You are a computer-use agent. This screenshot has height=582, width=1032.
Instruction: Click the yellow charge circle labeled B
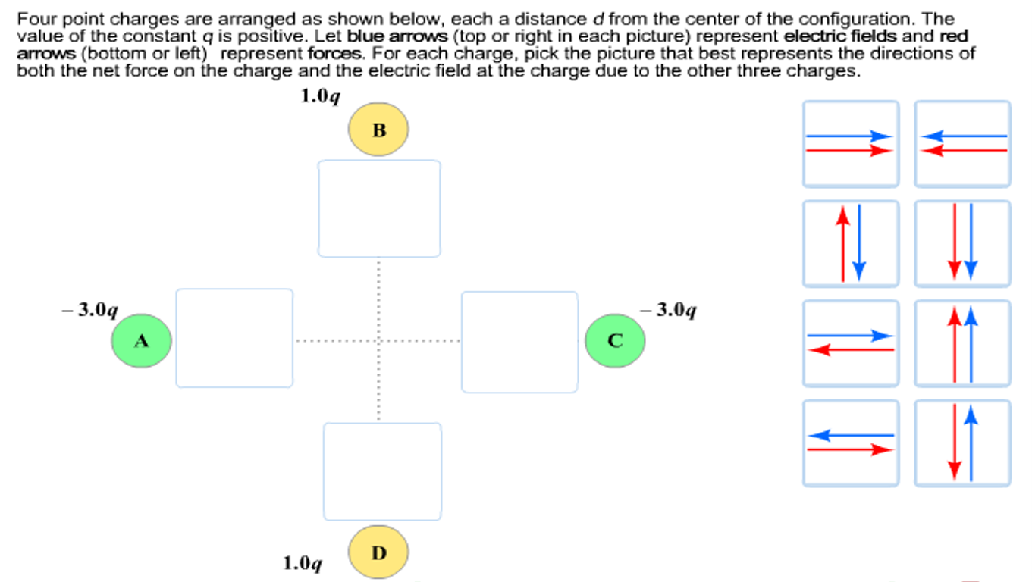pos(378,130)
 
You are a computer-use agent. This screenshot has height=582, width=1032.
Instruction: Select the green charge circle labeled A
pos(141,341)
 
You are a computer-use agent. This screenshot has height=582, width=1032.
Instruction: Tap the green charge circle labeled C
pos(615,341)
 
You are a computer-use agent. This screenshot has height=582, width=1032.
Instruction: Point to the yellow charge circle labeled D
pos(378,552)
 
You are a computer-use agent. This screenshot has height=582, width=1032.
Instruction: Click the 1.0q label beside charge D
pos(303,563)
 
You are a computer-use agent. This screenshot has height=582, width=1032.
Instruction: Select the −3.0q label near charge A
pos(90,310)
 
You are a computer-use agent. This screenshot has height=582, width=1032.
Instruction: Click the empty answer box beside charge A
pos(234,338)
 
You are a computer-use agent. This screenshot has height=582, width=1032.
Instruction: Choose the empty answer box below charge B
pos(379,208)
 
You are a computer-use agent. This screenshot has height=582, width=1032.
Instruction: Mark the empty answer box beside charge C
pos(519,342)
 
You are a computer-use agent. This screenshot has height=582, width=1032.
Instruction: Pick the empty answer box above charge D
pos(382,471)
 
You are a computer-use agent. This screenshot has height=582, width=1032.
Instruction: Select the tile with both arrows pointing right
pos(851,144)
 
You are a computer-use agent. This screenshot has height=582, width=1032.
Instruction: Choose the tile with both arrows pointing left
pos(962,144)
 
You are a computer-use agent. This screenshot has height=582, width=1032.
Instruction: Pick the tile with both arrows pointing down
pos(962,244)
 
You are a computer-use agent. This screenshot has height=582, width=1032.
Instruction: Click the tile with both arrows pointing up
pos(962,343)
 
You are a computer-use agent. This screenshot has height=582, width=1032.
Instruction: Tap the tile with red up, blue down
pos(851,244)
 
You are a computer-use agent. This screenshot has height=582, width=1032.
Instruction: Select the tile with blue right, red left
pos(851,343)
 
